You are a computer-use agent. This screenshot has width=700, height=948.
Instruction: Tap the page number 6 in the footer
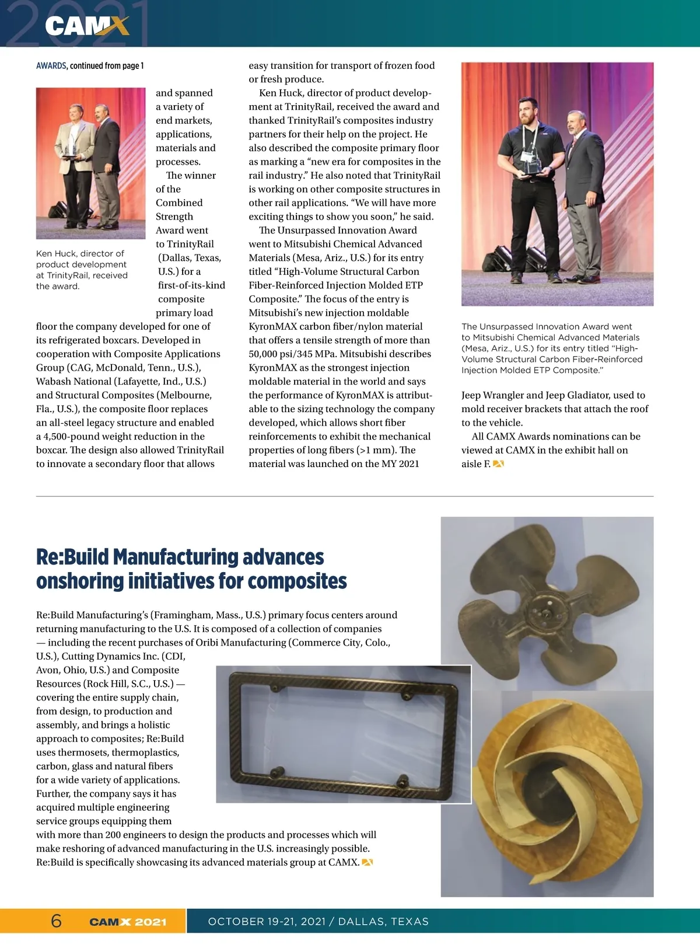pos(56,921)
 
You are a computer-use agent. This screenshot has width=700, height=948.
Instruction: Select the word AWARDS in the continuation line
pos(51,66)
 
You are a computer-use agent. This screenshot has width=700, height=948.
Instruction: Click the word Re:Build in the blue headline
pos(72,557)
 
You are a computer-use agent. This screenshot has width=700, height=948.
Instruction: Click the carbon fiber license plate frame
pos(343,734)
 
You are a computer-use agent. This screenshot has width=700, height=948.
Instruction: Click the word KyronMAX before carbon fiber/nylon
pos(272,327)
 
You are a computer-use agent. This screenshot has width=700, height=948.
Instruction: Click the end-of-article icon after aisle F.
pos(498,464)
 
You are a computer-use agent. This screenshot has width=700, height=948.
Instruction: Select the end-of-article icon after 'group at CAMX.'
pos(367,863)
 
